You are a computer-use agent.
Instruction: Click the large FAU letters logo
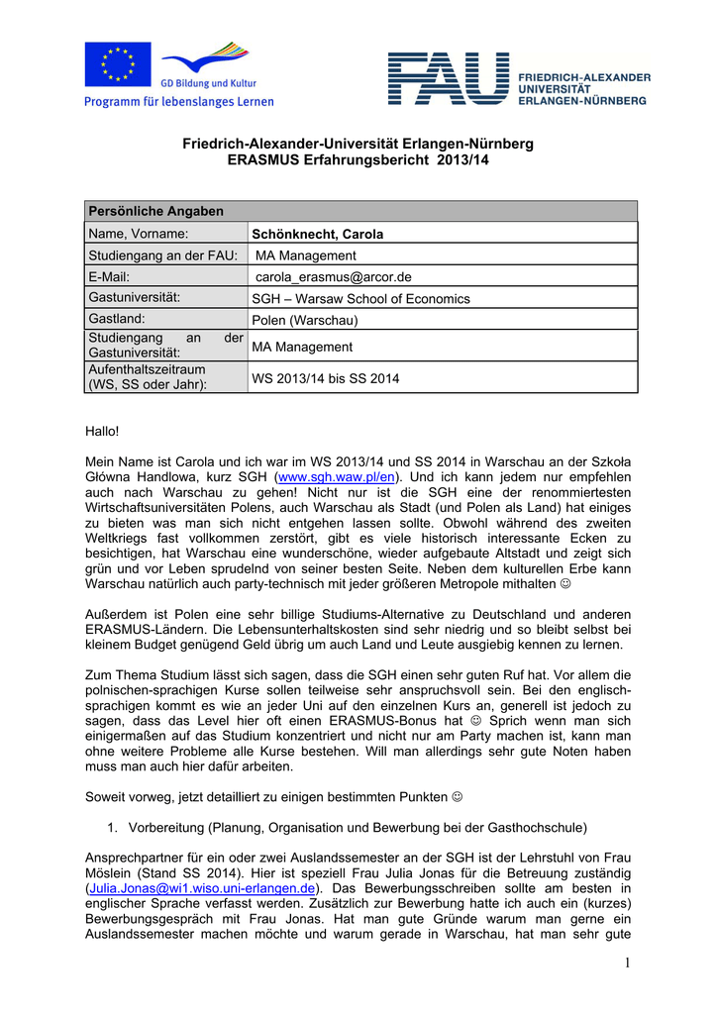pos(448,79)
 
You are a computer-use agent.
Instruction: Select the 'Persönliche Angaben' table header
pos(155,211)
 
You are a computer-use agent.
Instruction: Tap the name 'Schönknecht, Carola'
pos(317,235)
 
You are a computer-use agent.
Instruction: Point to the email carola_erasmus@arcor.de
pos(333,277)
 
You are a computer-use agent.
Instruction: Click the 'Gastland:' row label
pos(117,319)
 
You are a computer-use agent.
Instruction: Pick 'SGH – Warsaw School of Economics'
pos(360,298)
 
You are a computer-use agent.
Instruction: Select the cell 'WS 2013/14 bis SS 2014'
pos(326,378)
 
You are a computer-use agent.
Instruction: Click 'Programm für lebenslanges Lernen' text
pos(179,101)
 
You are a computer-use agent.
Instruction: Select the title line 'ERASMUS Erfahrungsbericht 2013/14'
pos(358,159)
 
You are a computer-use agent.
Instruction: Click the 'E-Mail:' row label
pos(109,277)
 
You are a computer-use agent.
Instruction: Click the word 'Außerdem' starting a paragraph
pos(116,614)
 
